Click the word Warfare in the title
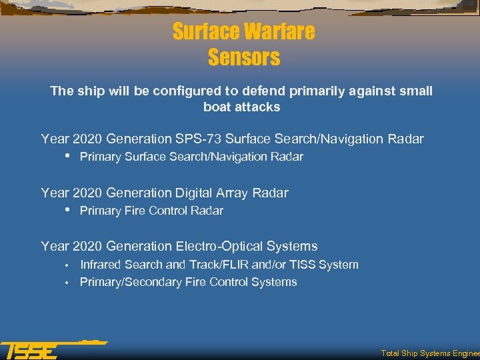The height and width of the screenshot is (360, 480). (x=280, y=31)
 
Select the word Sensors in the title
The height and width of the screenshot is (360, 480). (x=244, y=57)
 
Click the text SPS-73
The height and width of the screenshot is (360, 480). (x=199, y=139)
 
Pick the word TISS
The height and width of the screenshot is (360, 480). (x=301, y=265)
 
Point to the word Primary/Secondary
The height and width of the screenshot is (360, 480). (x=129, y=282)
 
